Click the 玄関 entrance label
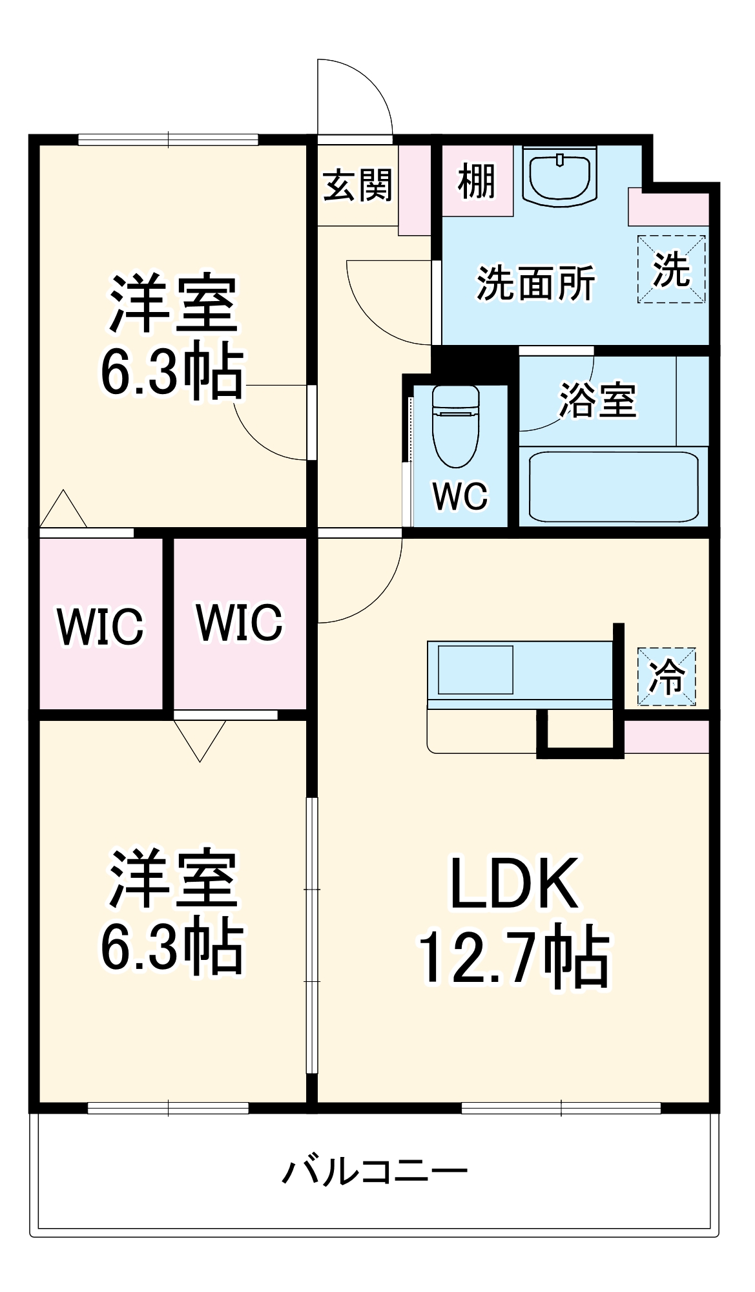click(357, 185)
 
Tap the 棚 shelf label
click(477, 182)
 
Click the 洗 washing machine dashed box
click(671, 269)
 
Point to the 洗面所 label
click(535, 284)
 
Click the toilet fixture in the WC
click(456, 426)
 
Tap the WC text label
click(460, 497)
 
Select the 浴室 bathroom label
click(597, 401)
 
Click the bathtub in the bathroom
click(613, 486)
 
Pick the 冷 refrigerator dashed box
click(667, 676)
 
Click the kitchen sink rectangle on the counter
click(476, 670)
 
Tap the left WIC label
click(100, 626)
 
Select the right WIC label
click(239, 623)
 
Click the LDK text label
click(515, 884)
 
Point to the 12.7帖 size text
click(515, 959)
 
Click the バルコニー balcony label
click(375, 1171)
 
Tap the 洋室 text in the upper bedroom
click(173, 304)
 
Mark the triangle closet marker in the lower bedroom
click(200, 738)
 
